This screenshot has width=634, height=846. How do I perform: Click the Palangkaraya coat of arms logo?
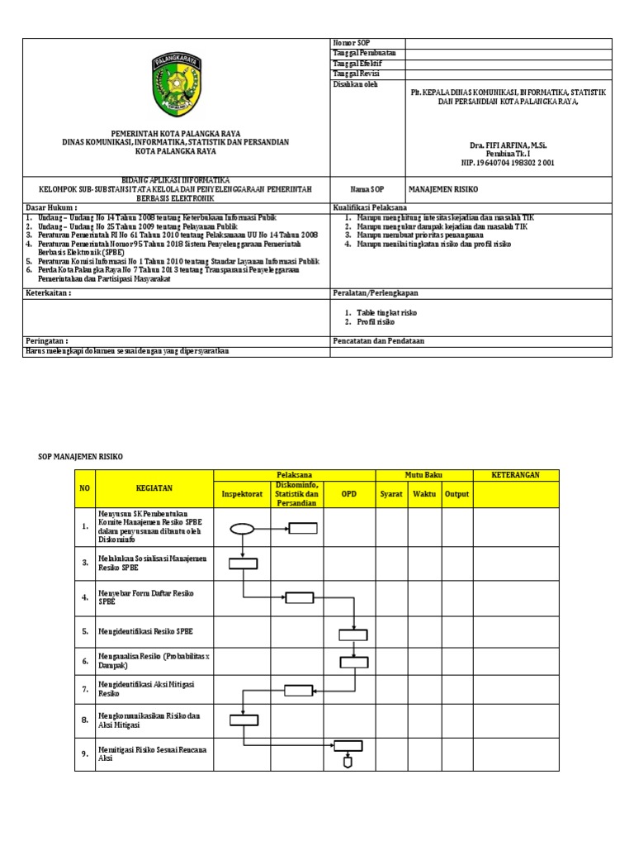point(175,85)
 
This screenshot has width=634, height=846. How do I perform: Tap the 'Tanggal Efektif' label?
point(357,64)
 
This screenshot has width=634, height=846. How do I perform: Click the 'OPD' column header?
point(349,494)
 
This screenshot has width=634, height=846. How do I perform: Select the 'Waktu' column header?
point(424,494)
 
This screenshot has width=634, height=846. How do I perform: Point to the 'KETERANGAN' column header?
point(515,475)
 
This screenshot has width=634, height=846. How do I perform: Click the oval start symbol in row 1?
point(242,530)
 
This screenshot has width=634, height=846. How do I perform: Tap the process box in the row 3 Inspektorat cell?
point(243,563)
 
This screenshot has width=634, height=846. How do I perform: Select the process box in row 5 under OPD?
point(352,634)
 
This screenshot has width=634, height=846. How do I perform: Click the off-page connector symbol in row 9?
point(348,763)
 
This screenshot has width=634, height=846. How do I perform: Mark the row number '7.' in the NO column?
point(85,688)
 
